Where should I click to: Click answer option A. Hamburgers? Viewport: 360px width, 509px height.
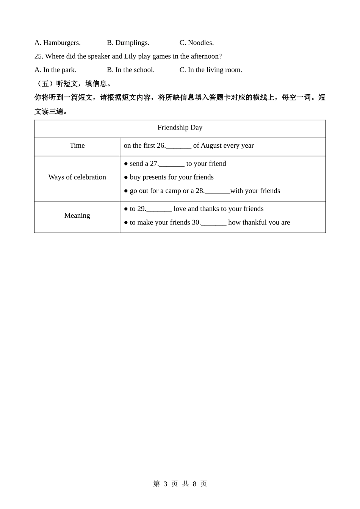(x=57, y=43)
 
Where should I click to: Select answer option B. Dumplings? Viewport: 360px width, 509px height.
(x=128, y=43)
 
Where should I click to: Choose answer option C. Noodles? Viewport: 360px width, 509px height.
(x=196, y=43)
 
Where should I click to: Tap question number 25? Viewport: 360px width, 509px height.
(x=39, y=56)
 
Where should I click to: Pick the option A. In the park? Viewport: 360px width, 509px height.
(x=55, y=70)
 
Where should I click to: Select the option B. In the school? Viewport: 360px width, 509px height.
(x=130, y=70)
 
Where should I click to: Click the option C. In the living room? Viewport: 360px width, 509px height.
(x=210, y=70)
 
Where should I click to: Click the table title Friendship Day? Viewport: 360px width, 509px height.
(x=180, y=128)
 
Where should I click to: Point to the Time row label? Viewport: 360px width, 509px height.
(x=77, y=145)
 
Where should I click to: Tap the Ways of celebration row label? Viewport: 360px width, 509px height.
(x=77, y=177)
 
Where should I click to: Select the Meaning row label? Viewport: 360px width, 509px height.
(x=77, y=215)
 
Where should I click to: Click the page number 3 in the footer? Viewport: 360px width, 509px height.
(x=165, y=484)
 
